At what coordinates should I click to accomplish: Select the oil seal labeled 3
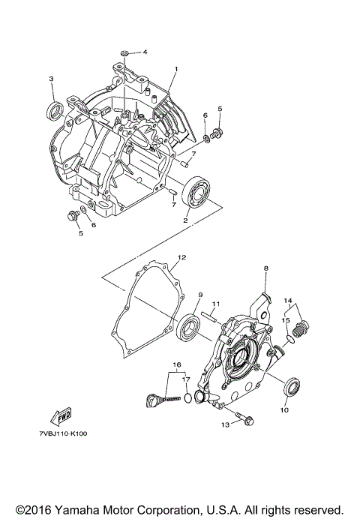tap(55, 109)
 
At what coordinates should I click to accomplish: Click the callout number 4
tap(145, 52)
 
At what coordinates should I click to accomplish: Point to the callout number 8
tap(265, 268)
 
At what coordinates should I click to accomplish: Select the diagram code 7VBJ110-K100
tap(63, 433)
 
